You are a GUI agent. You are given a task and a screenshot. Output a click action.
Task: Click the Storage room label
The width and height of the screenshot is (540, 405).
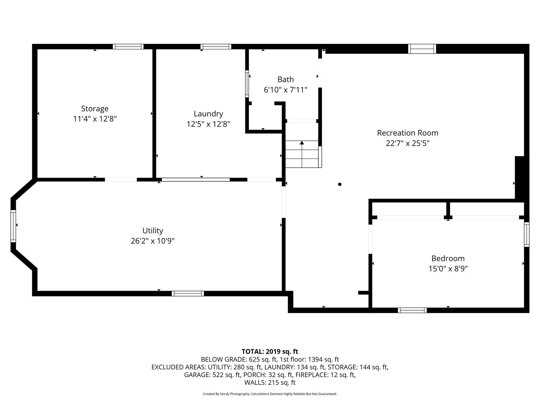coord(95,109)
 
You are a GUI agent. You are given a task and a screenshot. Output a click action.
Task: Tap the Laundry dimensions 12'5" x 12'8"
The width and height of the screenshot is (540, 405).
coord(208,124)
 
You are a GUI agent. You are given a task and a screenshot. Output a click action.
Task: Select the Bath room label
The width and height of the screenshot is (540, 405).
coord(286,80)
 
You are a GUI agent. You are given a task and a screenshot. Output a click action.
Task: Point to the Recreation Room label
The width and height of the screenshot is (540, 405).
coord(408,133)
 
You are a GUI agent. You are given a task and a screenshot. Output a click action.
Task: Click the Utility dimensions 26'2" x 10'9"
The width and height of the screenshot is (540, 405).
coord(153,241)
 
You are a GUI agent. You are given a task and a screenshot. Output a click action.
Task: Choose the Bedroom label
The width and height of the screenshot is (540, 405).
coord(448,258)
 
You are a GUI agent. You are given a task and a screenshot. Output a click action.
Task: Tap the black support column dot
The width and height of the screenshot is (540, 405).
coord(340,184)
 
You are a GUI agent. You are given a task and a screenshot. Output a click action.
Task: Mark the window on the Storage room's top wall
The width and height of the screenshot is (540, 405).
coord(128,47)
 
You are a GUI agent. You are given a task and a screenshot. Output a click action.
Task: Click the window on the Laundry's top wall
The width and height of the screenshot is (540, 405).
coord(216,47)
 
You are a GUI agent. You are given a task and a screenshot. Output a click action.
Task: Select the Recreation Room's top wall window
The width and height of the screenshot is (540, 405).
coord(422,49)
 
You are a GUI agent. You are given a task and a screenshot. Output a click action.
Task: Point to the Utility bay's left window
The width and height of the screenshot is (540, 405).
coord(13,226)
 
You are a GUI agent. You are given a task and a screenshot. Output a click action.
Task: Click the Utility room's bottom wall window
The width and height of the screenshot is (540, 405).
coord(188,293)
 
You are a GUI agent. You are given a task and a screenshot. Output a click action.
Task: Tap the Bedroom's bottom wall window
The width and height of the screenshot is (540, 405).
coord(412,310)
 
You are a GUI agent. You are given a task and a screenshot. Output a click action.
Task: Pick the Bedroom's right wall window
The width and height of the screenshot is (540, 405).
coord(527,234)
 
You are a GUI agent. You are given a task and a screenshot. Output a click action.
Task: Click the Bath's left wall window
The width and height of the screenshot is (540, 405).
coord(247,84)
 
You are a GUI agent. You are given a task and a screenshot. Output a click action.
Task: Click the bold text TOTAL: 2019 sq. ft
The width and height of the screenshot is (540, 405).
coord(270,352)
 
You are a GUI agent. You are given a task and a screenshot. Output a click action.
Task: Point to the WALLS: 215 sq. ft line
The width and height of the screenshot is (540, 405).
coord(270,382)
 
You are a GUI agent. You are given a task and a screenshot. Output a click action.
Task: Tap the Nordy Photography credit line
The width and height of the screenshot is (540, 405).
coord(270,394)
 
